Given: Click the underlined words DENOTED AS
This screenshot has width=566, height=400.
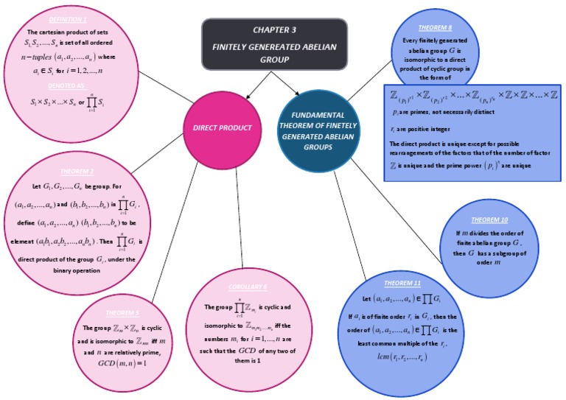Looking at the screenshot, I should tap(62, 85).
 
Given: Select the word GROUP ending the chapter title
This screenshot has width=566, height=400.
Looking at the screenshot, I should tap(275, 59).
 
